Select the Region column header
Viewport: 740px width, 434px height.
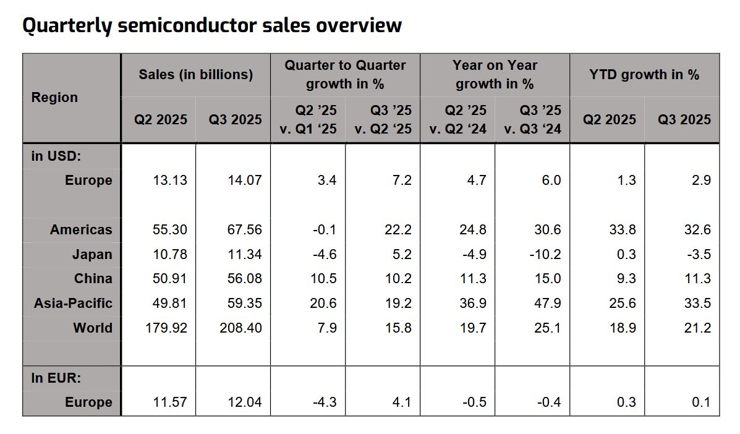tap(54, 98)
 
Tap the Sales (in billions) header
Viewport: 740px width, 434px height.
tap(195, 75)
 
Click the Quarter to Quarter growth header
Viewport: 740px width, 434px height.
tap(345, 74)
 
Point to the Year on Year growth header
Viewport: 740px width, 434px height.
tap(495, 74)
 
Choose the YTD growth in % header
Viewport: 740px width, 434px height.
tap(644, 75)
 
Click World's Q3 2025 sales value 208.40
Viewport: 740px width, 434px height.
tap(240, 328)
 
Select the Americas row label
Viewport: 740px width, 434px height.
tap(81, 229)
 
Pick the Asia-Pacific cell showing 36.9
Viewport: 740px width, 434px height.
tap(473, 303)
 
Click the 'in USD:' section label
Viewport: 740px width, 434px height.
tap(56, 156)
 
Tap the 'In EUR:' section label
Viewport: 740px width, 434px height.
tap(56, 378)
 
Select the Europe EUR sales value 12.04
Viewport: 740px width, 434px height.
tap(245, 402)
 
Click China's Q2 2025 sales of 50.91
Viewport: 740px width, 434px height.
tap(170, 278)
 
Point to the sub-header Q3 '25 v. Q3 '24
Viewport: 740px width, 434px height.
tap(532, 119)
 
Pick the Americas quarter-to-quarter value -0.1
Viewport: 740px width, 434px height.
tap(324, 229)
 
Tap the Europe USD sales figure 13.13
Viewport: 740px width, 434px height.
tap(170, 181)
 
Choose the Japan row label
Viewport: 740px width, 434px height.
tap(93, 254)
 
